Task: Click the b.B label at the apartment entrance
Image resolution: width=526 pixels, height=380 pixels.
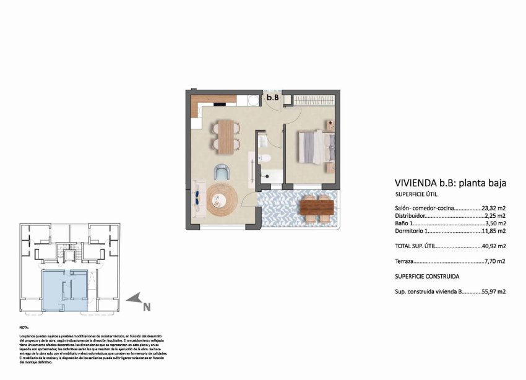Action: point(273,98)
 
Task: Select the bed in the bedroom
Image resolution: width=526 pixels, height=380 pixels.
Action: point(316,147)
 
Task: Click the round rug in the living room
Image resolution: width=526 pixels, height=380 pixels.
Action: point(222,198)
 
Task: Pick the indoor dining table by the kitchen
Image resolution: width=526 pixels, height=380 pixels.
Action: point(226,136)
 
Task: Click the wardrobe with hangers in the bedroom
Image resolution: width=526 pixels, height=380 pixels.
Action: point(311,100)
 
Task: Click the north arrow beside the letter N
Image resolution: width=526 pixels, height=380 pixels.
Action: point(133,299)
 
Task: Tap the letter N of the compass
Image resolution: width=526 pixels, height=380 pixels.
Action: point(147,305)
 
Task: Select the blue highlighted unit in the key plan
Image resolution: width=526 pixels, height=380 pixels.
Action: point(64,289)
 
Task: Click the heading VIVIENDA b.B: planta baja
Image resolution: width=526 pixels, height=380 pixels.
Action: point(451,183)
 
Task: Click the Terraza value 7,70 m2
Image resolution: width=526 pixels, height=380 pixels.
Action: point(496,262)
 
